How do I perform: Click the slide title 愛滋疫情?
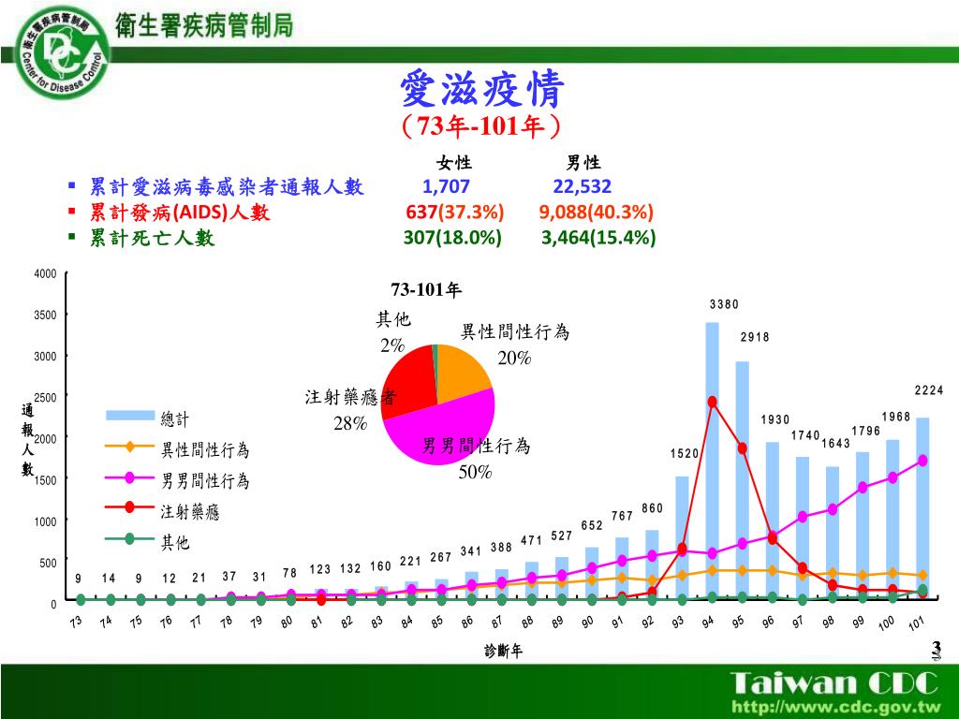pyautogui.click(x=481, y=91)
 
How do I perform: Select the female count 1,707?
pyautogui.click(x=446, y=186)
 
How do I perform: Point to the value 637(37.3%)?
pyautogui.click(x=455, y=213)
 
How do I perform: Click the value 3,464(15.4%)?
pyautogui.click(x=598, y=238)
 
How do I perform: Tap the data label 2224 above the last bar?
pyautogui.click(x=929, y=390)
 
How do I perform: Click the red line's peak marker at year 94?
pyautogui.click(x=712, y=402)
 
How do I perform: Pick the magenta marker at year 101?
pyautogui.click(x=923, y=461)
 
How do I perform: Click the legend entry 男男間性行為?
pyautogui.click(x=205, y=481)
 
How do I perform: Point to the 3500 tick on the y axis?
pyautogui.click(x=46, y=315)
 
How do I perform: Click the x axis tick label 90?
pyautogui.click(x=588, y=623)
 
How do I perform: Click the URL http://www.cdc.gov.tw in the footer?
pyautogui.click(x=835, y=705)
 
